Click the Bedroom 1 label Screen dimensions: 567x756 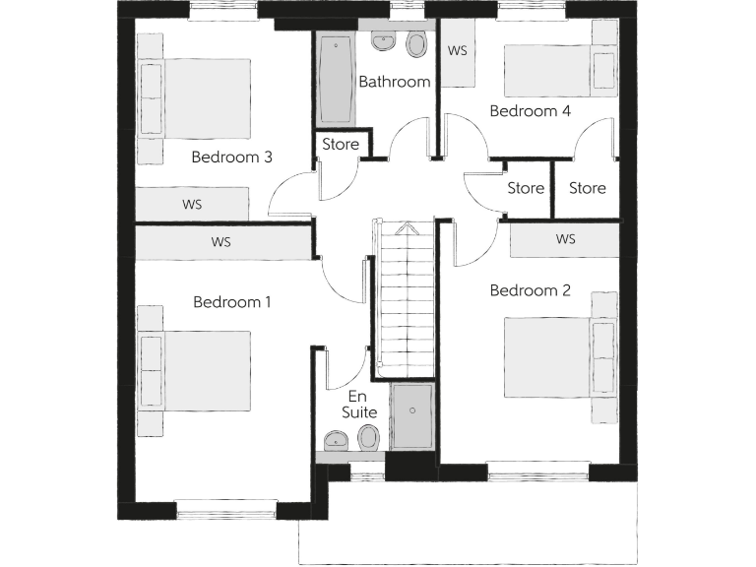coord(231,302)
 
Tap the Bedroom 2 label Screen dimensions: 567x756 coord(530,290)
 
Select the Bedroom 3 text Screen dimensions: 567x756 coord(231,157)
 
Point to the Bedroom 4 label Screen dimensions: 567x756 coord(530,111)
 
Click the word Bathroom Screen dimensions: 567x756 coord(394,82)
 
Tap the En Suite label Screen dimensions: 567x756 coord(359,405)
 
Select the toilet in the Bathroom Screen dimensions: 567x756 coord(416,45)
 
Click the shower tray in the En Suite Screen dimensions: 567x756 coord(411,416)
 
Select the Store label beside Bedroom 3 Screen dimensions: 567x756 coord(341,145)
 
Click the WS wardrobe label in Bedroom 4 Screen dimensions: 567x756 coord(457,51)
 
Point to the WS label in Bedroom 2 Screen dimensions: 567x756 coord(565,239)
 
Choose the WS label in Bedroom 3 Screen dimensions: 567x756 coord(192,205)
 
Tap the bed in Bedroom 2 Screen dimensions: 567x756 coord(551,356)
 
